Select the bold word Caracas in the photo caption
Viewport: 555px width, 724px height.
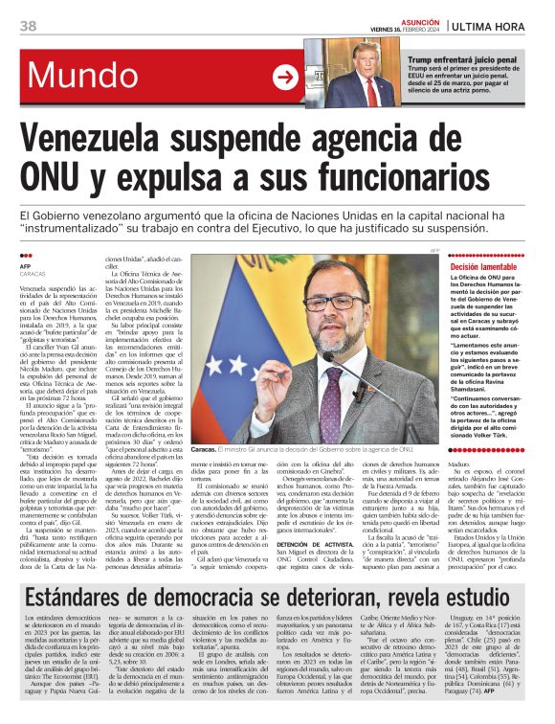[x=204, y=449]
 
